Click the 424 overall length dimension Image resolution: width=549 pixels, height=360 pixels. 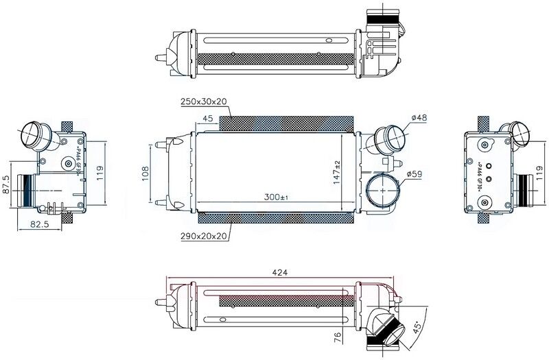279,272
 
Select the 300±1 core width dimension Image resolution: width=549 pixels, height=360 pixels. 277,197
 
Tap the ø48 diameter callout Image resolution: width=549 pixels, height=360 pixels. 419,118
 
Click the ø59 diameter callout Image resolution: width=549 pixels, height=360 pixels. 414,174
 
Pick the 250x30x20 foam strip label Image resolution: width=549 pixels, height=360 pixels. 204,101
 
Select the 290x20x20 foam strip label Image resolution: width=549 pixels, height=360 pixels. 204,236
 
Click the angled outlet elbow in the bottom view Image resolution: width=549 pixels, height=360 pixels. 386,328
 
